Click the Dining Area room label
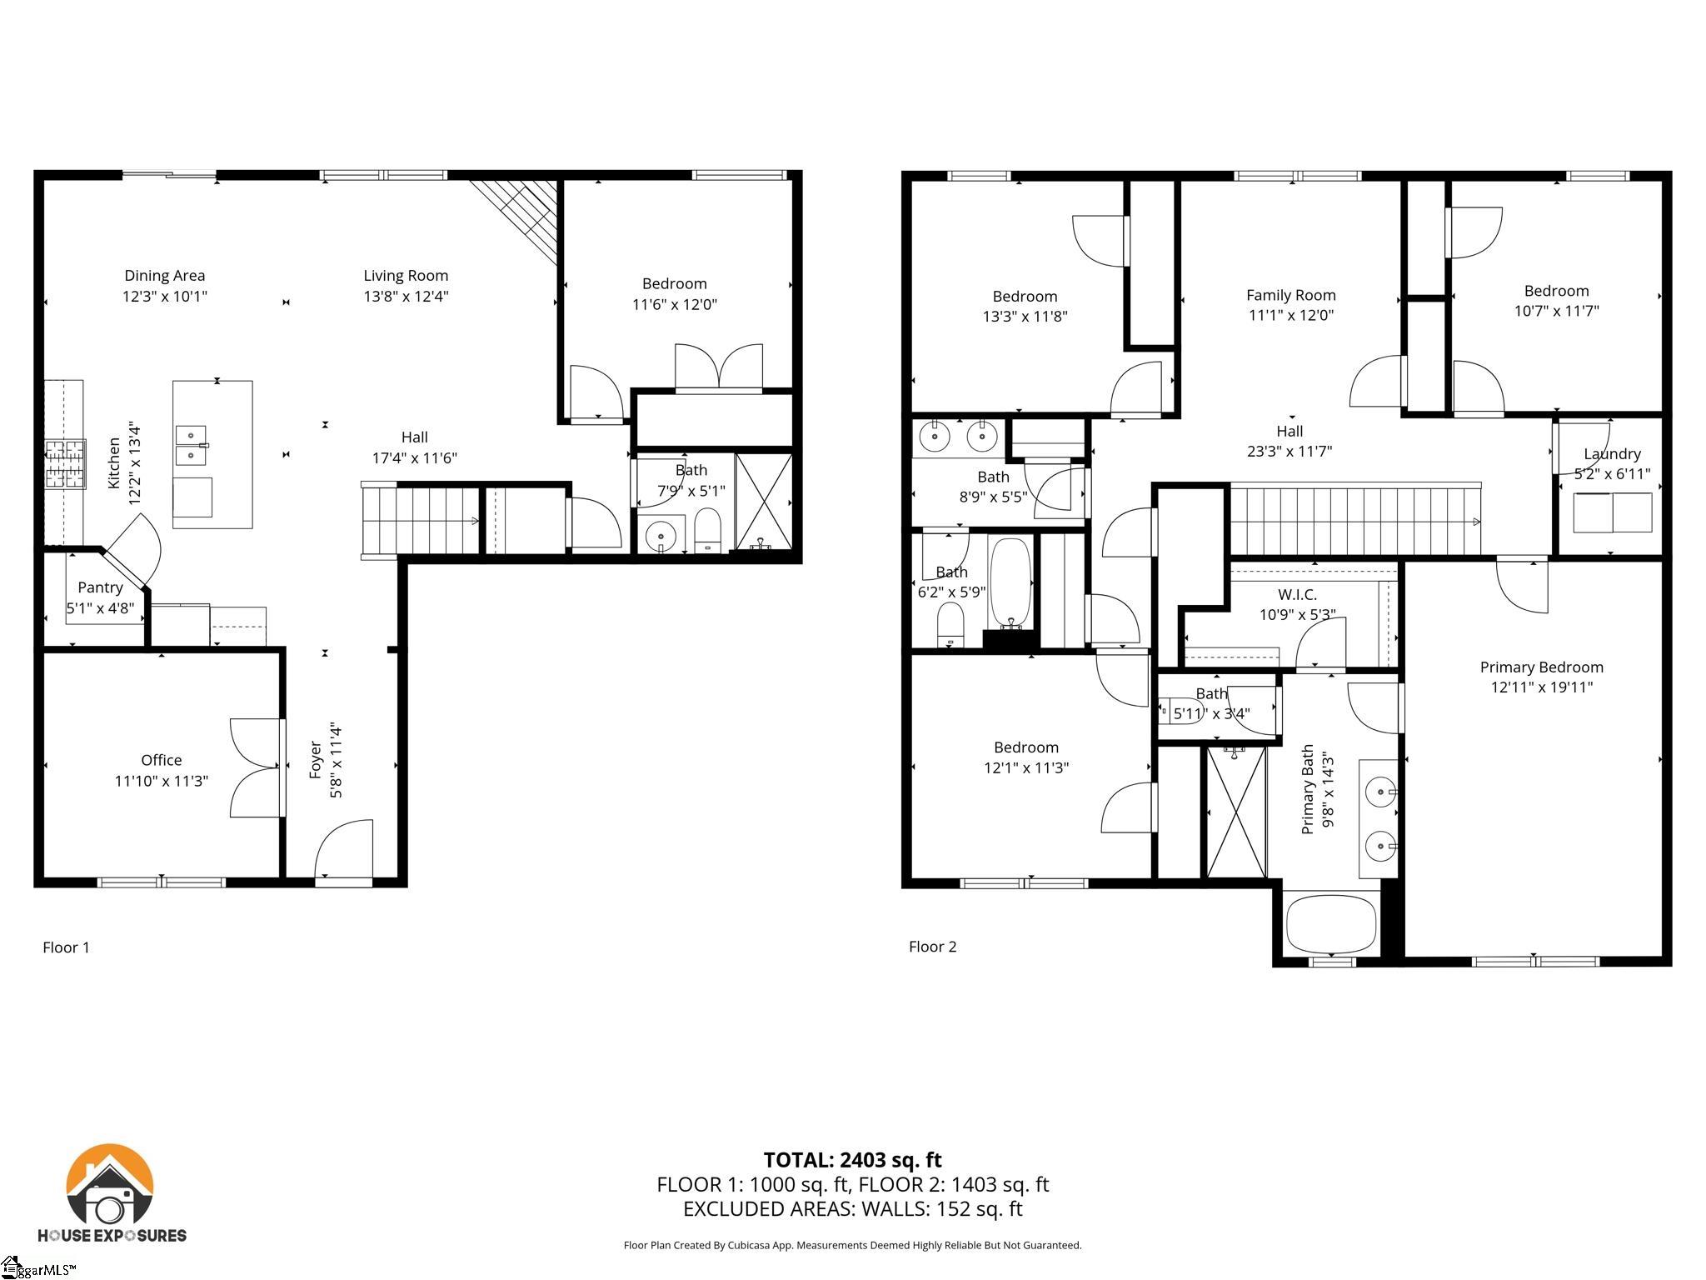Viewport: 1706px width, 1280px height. coord(164,275)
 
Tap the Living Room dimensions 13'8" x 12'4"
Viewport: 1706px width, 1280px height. coord(406,296)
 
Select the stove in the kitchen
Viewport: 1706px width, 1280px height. coord(65,464)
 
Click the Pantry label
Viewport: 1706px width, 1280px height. coord(100,587)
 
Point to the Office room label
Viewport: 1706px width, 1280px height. coord(161,760)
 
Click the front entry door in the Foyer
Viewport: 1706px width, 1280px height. coord(344,850)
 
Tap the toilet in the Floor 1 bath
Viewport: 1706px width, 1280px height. coord(707,530)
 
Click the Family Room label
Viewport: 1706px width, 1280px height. coord(1290,295)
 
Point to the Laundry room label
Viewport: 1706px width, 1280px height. coord(1612,454)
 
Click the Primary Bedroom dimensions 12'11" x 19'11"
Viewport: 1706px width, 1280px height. coord(1541,687)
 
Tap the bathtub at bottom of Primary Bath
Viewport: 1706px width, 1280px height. coord(1331,923)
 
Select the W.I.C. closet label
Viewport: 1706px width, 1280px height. coord(1297,594)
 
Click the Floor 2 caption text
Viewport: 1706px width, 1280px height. coord(932,947)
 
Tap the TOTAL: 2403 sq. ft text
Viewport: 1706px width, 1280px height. coord(852,1160)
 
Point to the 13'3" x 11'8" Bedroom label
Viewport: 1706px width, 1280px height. coord(1025,297)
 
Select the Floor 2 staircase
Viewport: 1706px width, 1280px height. coord(1354,522)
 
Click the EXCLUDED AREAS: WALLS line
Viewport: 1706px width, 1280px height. coord(852,1209)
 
